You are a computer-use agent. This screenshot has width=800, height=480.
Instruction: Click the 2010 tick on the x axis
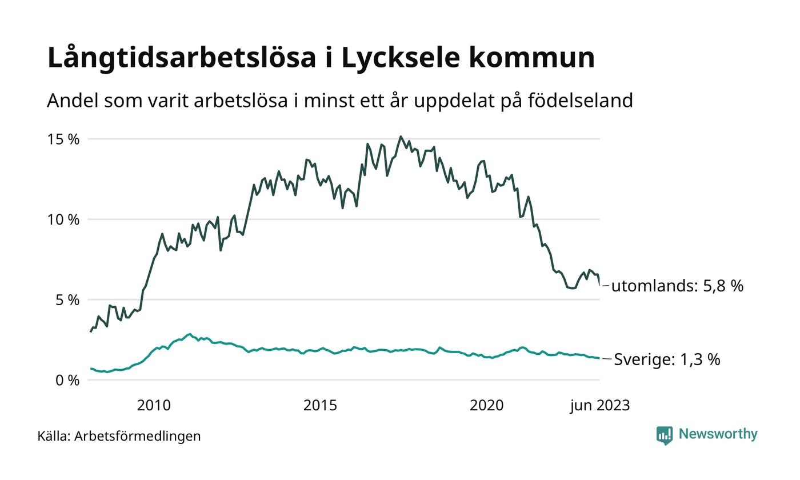pyautogui.click(x=154, y=406)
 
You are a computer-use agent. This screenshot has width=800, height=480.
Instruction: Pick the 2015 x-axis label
pyautogui.click(x=320, y=406)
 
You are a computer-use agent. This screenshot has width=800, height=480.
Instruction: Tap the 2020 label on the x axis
pyautogui.click(x=486, y=406)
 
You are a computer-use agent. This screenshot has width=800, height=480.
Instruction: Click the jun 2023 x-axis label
pyautogui.click(x=599, y=406)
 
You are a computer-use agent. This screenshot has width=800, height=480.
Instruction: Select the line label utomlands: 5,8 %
pyautogui.click(x=677, y=286)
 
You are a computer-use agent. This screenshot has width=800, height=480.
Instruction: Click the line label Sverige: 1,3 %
pyautogui.click(x=667, y=359)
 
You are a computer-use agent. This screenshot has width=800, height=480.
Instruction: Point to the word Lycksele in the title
pyautogui.click(x=399, y=58)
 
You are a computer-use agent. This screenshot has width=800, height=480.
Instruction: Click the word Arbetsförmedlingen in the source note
pyautogui.click(x=138, y=436)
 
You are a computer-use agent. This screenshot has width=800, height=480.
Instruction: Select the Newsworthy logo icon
pyautogui.click(x=665, y=435)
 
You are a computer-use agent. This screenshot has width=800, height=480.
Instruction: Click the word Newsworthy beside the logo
pyautogui.click(x=718, y=434)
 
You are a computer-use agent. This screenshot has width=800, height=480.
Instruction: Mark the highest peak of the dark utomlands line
pyautogui.click(x=401, y=137)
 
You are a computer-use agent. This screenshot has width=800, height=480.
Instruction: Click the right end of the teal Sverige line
pyautogui.click(x=599, y=358)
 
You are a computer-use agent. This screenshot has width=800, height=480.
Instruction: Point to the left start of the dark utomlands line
pyautogui.click(x=90, y=331)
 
